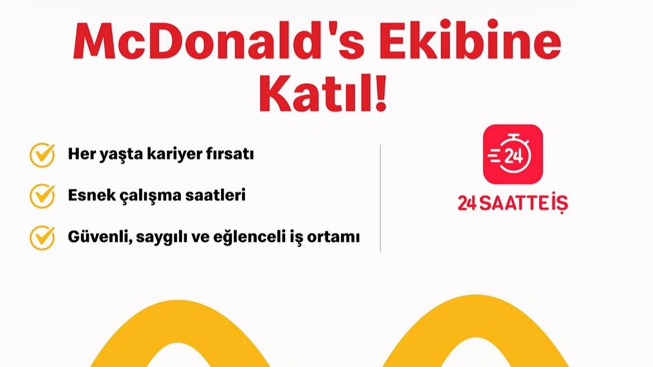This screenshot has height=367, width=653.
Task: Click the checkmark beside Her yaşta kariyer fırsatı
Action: (x=42, y=155)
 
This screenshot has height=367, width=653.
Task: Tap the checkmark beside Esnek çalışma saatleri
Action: (x=42, y=196)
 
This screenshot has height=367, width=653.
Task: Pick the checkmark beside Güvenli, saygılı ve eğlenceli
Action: (x=42, y=237)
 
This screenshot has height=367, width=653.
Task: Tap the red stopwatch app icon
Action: (x=512, y=155)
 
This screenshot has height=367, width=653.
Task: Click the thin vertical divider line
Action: (x=380, y=198)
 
